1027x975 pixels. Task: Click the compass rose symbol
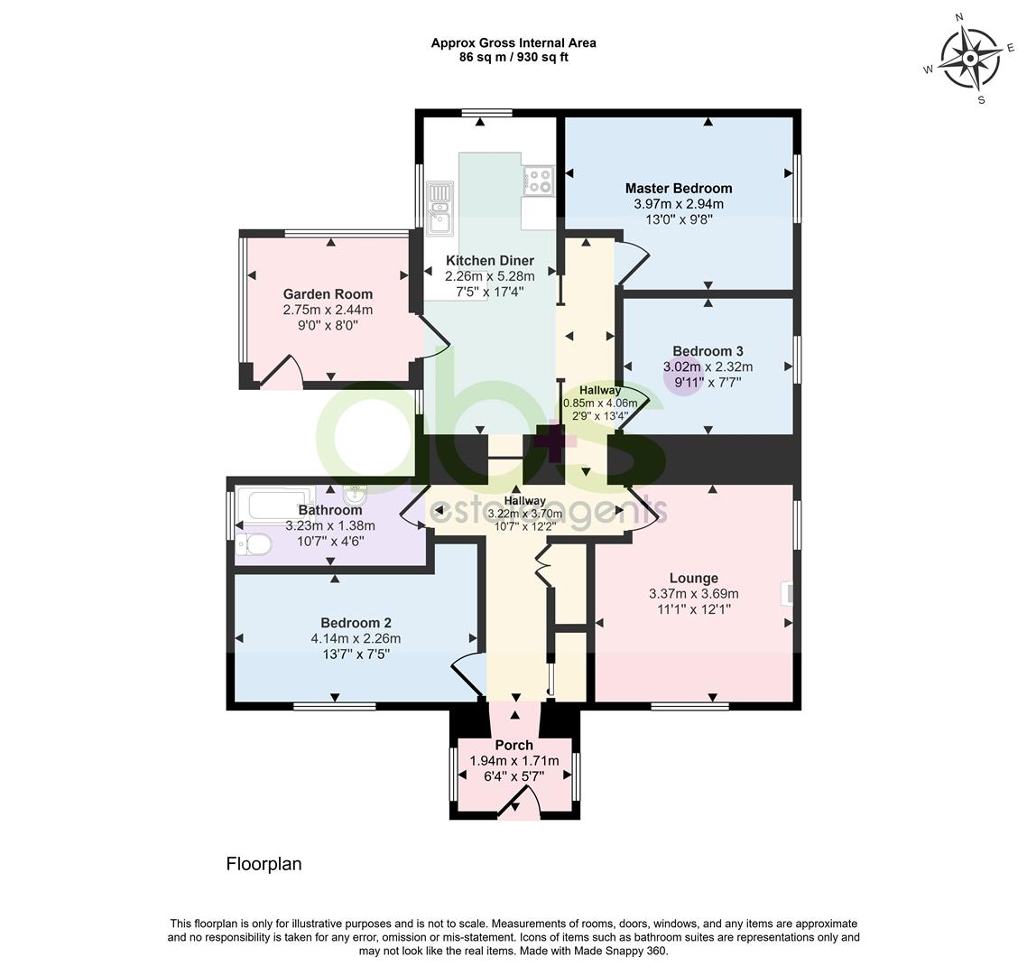pos(971,59)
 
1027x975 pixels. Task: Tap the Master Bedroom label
pos(679,189)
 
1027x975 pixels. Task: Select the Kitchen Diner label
pos(490,261)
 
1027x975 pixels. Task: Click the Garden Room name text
pos(328,294)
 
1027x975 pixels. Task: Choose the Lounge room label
pos(694,579)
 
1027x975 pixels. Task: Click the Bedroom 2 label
pos(356,623)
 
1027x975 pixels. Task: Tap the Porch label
pos(514,746)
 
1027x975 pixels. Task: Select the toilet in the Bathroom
pos(254,544)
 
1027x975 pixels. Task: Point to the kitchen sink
pos(439,208)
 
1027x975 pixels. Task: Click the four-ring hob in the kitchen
pos(539,181)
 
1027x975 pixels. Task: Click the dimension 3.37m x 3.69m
pos(694,594)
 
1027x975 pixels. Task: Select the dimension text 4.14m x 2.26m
pos(356,639)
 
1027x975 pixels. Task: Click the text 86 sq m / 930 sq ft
pos(513,58)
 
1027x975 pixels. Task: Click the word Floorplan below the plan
pos(264,864)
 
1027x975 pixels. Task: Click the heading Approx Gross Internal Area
pos(513,43)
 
